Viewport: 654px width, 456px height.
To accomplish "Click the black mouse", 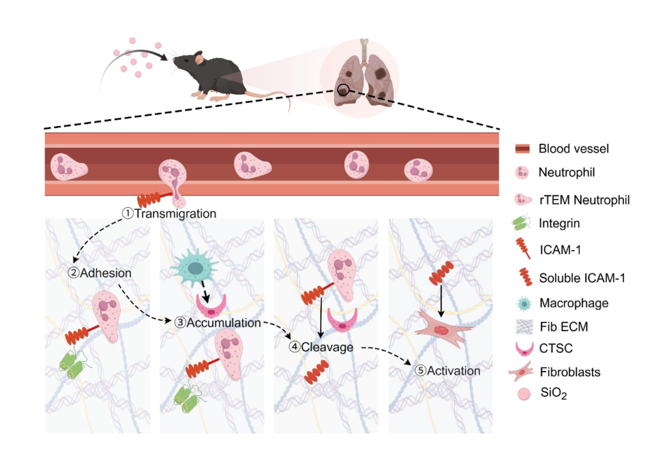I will [x=211, y=75].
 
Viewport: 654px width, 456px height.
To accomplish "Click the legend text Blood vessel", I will [x=573, y=149].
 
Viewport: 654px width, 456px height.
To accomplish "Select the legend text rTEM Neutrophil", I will [x=584, y=200].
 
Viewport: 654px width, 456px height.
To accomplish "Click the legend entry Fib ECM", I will [x=563, y=327].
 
